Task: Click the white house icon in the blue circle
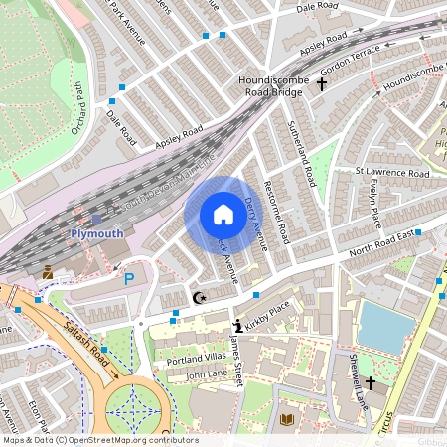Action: point(223,215)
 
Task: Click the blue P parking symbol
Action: point(128,281)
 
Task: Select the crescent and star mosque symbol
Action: point(200,297)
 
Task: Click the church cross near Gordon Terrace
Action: point(321,85)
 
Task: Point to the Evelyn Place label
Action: point(372,204)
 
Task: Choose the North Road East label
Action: point(381,247)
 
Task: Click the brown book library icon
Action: point(287,421)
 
